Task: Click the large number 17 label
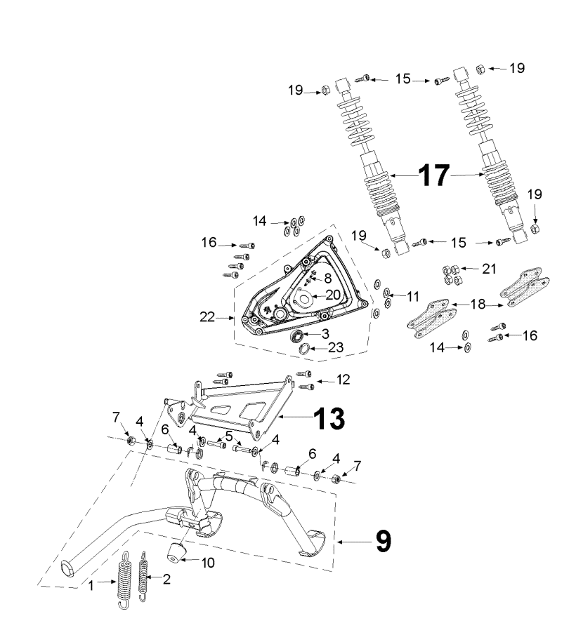click(433, 175)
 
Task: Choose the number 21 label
click(471, 268)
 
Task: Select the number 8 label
click(327, 278)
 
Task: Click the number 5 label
click(229, 435)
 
